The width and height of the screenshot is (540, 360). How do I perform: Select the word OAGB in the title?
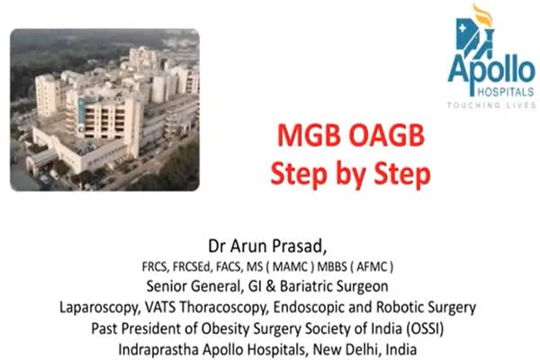(x=387, y=135)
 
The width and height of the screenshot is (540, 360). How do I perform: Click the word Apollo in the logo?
(x=491, y=72)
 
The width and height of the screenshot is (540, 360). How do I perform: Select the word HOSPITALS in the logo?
(x=506, y=92)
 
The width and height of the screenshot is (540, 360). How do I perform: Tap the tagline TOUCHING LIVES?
(x=491, y=104)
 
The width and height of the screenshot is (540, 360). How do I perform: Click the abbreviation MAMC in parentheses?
(x=290, y=267)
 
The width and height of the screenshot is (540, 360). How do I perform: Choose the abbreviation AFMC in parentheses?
(x=372, y=267)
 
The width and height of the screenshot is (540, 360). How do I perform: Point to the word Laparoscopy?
(x=100, y=308)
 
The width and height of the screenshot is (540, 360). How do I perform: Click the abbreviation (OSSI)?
(x=424, y=328)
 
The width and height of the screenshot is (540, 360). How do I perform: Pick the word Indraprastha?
(x=158, y=350)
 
